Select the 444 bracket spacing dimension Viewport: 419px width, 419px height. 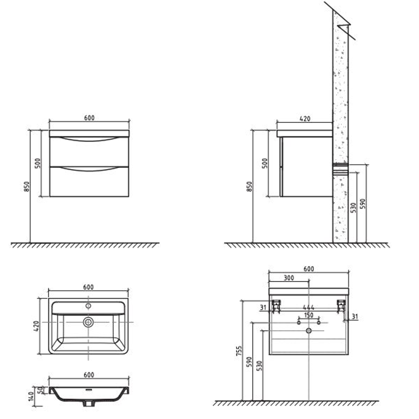pos(308,308)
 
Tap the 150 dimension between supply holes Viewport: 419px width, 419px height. pos(308,315)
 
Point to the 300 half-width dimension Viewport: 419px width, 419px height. pos(288,278)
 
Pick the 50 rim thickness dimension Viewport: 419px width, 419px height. pos(39,390)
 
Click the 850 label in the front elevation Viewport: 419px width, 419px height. pos(27,187)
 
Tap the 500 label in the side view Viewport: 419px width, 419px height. pos(265,163)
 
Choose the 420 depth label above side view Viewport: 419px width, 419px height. pos(305,119)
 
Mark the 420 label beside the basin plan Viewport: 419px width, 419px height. pos(36,327)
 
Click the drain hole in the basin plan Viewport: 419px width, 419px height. pos(88,322)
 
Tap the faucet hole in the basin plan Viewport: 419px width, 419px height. pos(88,306)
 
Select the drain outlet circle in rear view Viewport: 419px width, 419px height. pos(309,331)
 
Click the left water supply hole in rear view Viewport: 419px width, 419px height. pos(299,322)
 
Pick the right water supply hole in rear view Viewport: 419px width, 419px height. pos(319,322)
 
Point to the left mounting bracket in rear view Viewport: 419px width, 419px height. pos(276,305)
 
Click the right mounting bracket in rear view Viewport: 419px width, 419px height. pos(341,305)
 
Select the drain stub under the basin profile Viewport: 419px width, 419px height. pos(89,404)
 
